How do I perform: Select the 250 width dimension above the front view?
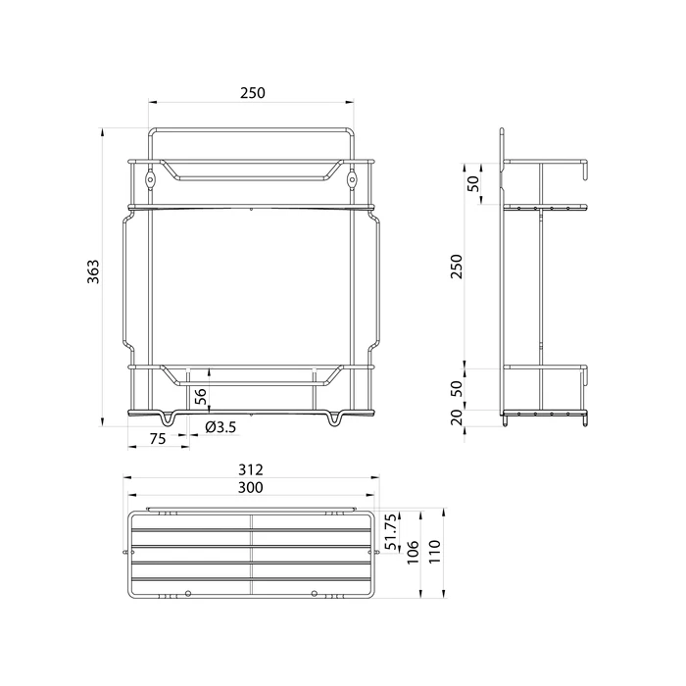point(252,92)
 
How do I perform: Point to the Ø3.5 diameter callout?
point(221,426)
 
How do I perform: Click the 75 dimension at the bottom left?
point(157,439)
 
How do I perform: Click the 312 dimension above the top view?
point(252,470)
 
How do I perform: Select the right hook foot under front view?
point(336,419)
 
